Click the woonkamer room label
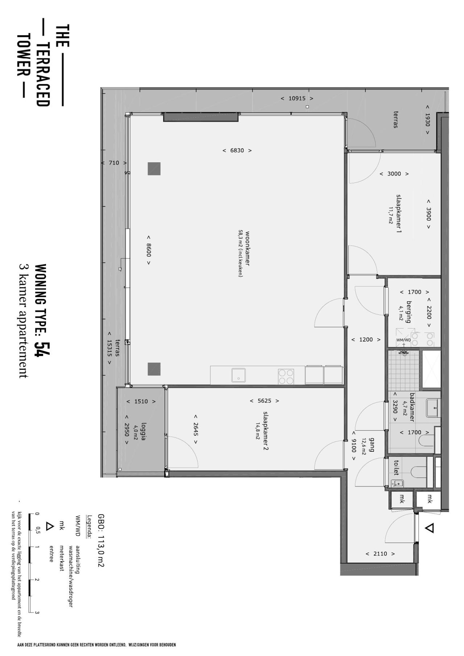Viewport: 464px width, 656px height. pos(248,248)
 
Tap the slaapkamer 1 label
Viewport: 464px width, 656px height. pos(399,214)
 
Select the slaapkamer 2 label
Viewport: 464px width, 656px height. pos(266,431)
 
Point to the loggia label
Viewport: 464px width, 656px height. pos(143,431)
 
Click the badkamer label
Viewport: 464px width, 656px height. pos(412,407)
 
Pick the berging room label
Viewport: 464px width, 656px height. pos(409,312)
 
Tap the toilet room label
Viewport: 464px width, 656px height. pos(395,468)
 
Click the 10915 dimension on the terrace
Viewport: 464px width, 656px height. pos(297,98)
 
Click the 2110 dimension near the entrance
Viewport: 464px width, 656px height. pos(380,553)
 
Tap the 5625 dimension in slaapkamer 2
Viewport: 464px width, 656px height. pos(265,401)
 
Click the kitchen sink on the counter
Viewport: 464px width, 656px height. pos(239,375)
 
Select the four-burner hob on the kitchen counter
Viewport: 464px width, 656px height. pos(286,376)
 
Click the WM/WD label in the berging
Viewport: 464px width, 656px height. pos(403,340)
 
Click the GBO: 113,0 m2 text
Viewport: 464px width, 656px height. pos(101,540)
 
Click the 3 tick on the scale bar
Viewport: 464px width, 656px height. pos(37,613)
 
